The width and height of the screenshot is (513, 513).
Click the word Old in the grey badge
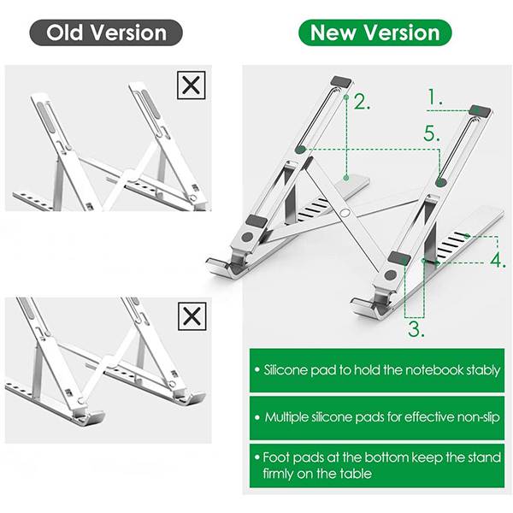tap(64, 32)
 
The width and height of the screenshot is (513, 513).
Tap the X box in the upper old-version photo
tap(191, 85)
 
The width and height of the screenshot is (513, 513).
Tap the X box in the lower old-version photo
tap(192, 316)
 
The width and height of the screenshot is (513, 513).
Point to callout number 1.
tap(435, 97)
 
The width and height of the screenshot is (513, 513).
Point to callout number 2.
tap(362, 102)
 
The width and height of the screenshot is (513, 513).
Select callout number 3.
tap(416, 329)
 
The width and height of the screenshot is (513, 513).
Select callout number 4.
tap(498, 261)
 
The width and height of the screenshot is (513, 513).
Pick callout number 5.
tap(432, 133)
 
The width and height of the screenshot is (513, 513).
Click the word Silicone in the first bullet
tap(286, 370)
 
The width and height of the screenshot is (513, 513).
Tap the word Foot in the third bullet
tap(275, 457)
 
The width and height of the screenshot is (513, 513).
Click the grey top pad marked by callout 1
tap(480, 110)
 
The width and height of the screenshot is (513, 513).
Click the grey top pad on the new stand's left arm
tap(341, 81)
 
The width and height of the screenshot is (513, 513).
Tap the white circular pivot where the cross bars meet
tap(345, 213)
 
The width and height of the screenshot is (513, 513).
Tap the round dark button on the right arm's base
tap(391, 274)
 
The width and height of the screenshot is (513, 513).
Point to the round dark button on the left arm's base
tap(247, 237)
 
